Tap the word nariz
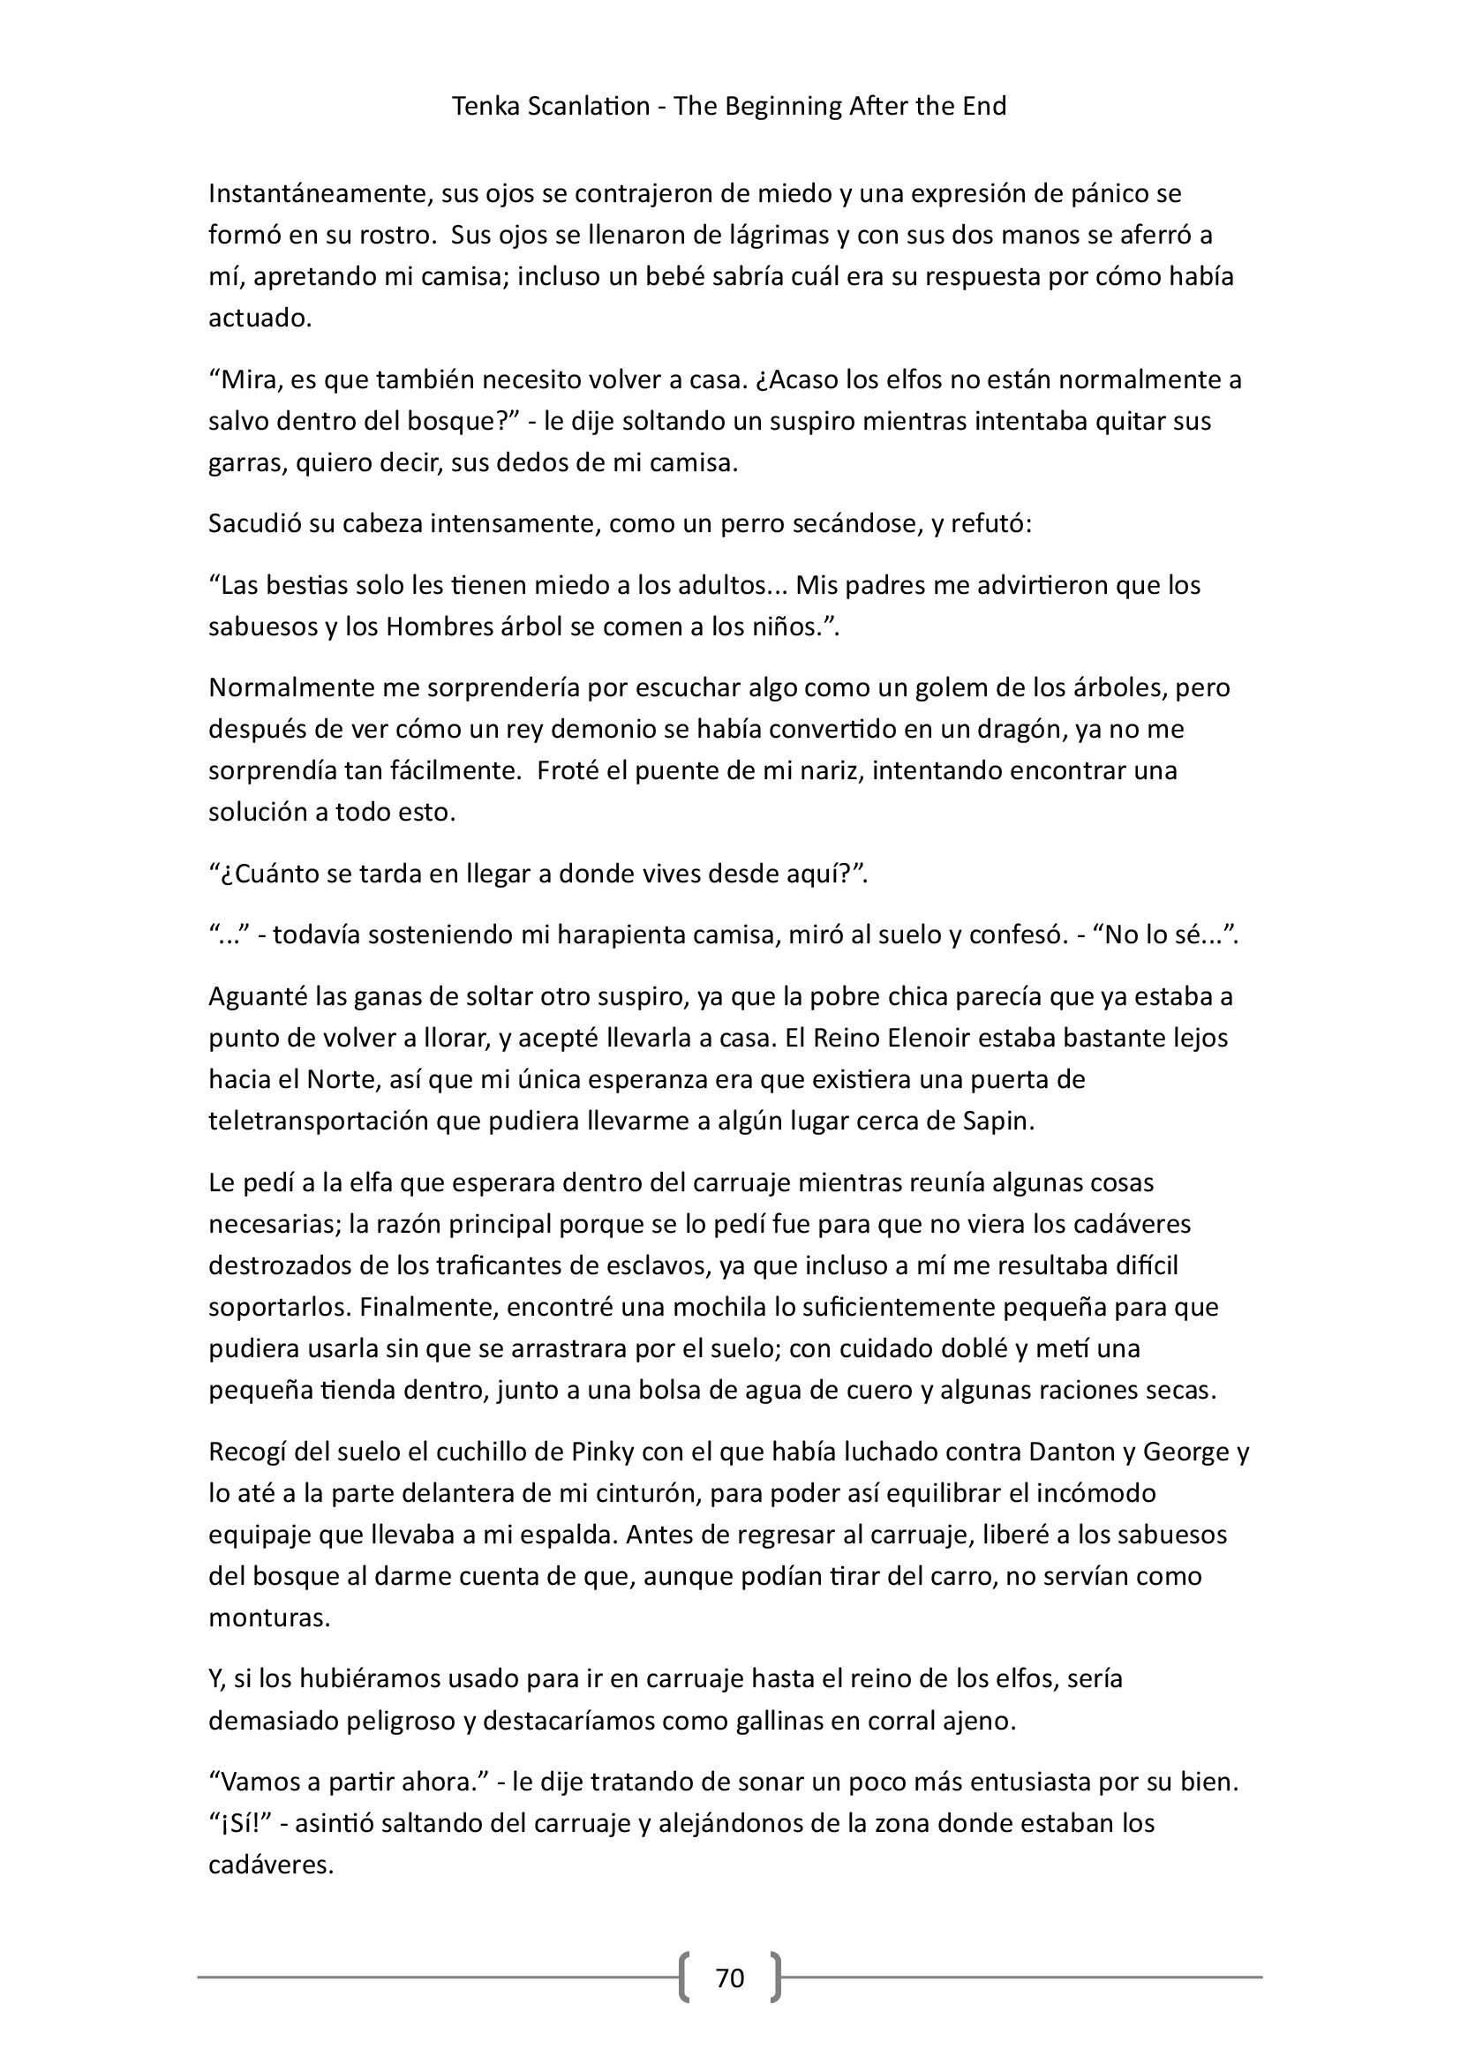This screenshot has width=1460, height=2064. (x=830, y=770)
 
